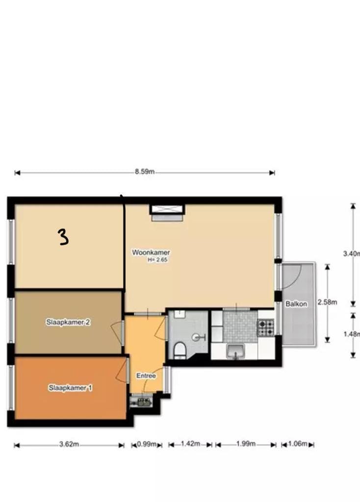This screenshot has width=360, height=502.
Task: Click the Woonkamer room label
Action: click(151, 252)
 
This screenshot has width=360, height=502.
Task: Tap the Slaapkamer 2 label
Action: click(68, 322)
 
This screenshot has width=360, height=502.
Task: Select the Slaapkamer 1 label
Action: click(70, 388)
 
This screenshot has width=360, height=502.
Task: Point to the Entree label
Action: click(146, 376)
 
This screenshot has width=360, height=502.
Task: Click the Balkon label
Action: click(296, 304)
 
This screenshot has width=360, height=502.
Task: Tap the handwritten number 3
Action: click(63, 237)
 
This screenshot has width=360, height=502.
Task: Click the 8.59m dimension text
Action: click(145, 172)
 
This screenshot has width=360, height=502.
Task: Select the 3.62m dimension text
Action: click(69, 444)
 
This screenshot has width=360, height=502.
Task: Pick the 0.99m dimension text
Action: click(147, 444)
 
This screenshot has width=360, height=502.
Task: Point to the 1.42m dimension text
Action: click(191, 444)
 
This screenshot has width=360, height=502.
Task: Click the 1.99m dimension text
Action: click(246, 444)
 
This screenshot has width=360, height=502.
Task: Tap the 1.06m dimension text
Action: click(298, 444)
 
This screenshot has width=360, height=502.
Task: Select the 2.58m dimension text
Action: click(327, 302)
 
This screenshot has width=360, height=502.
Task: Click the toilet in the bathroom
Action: click(180, 350)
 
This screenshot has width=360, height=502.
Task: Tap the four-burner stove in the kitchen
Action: click(265, 327)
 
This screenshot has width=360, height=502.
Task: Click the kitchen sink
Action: click(235, 351)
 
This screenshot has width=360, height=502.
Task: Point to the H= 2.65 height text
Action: click(157, 260)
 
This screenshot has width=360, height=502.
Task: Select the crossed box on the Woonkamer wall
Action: click(168, 209)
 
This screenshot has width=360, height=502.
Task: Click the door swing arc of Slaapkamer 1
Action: click(122, 369)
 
